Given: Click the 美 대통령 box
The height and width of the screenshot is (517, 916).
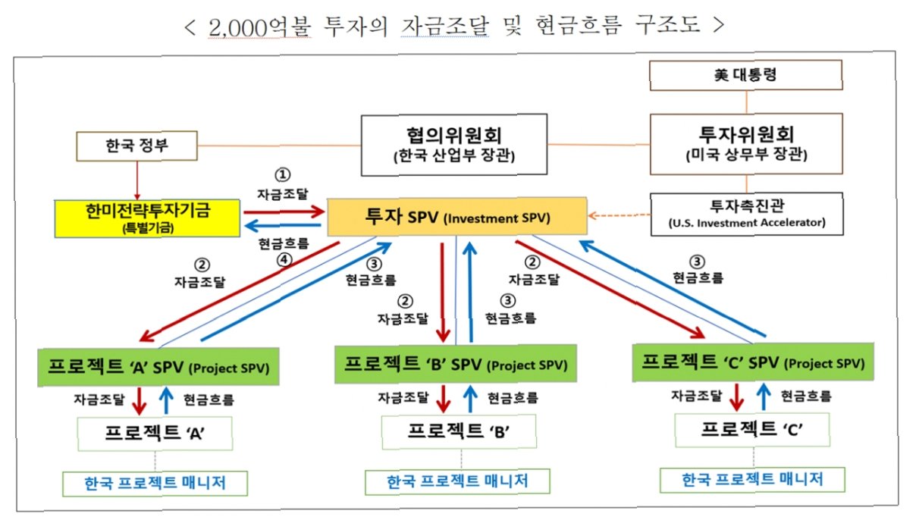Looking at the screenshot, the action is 746,75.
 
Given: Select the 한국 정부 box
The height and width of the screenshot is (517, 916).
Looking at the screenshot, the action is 136,146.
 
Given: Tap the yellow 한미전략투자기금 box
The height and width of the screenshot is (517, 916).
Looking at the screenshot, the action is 147,218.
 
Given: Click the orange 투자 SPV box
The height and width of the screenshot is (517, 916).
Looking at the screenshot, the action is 457,217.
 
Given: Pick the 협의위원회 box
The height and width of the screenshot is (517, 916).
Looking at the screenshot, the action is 454,145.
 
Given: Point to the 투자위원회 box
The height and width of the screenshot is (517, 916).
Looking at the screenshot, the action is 746,144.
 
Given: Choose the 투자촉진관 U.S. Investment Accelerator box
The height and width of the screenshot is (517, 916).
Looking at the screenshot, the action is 747,215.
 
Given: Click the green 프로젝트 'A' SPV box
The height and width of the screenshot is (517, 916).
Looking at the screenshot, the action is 158,367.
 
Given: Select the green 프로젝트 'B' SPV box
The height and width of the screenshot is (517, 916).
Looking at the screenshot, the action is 456,364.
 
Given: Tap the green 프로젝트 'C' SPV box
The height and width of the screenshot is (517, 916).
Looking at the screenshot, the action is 753,362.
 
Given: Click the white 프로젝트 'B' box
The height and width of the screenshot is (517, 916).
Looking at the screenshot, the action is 459,431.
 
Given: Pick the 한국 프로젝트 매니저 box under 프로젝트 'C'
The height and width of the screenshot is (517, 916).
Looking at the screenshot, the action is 752,480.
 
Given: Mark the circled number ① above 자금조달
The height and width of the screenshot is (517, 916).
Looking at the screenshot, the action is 282,175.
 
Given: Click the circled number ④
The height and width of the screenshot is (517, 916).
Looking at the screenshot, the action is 284,260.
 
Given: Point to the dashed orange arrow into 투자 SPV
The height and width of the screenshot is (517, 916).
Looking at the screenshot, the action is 619,215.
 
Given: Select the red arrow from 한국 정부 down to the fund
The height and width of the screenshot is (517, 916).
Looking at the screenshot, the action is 137,180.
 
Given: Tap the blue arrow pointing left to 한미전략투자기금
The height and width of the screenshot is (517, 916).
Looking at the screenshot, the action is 283,225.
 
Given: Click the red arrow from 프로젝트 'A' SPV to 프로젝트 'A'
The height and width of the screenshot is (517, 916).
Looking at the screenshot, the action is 139,401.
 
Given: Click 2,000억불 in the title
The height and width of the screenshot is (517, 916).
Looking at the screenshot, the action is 259,27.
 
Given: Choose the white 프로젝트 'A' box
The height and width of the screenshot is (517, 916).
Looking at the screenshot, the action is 155,434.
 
